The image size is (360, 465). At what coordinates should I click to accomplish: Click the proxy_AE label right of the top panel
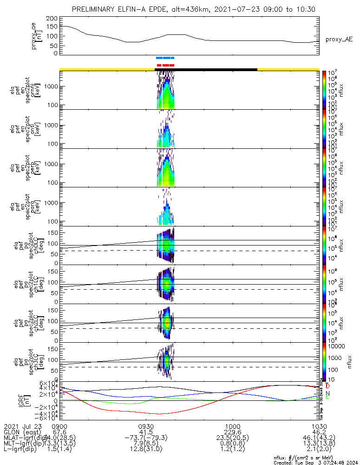coord(339,40)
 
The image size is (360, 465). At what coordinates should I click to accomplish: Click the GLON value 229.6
coord(232,432)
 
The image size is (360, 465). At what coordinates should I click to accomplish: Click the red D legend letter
coord(328,386)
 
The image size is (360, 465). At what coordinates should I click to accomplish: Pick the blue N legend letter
coord(327,393)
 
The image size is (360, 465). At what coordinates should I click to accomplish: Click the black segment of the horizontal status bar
coord(206,69)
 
